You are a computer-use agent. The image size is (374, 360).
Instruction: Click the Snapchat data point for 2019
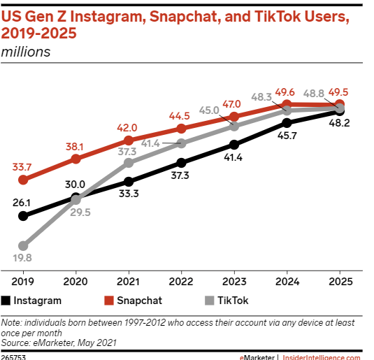tap(23, 180)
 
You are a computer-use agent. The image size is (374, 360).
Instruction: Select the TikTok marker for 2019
tap(23, 246)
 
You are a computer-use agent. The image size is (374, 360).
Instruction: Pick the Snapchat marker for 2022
tap(182, 129)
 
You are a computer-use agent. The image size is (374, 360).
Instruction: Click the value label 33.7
tap(22, 167)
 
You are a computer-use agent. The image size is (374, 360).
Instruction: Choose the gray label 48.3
tap(261, 97)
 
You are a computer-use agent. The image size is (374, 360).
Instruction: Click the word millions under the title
tap(26, 51)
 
